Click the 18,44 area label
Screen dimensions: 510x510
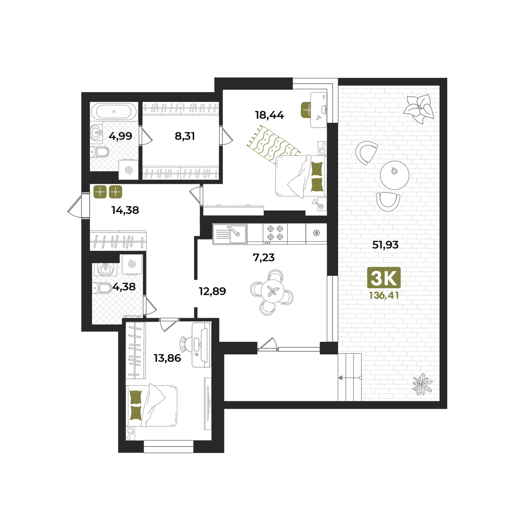tap(269, 115)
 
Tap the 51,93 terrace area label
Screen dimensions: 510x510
tap(385, 245)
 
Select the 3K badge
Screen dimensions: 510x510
tap(384, 278)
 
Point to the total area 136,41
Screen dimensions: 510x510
tap(384, 295)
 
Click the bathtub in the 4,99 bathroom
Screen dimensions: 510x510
tap(114, 111)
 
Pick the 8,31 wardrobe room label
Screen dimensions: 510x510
tap(185, 136)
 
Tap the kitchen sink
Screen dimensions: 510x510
tap(230, 234)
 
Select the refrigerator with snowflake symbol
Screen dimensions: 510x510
tap(316, 234)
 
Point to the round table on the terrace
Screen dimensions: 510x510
tap(394, 175)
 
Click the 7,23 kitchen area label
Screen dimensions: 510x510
tap(263, 258)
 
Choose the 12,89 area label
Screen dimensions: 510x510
tap(212, 291)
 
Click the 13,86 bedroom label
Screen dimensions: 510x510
tap(167, 358)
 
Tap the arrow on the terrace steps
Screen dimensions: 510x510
tap(350, 378)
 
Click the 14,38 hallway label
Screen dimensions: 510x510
tap(125, 210)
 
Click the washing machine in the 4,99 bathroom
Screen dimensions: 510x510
tap(128, 170)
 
